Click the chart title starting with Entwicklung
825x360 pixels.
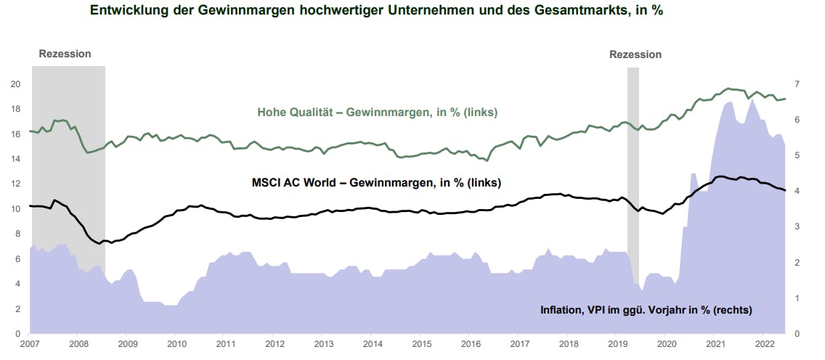376,10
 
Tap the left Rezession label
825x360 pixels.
65,54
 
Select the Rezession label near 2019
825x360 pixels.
635,54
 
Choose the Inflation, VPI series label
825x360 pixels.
646,310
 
